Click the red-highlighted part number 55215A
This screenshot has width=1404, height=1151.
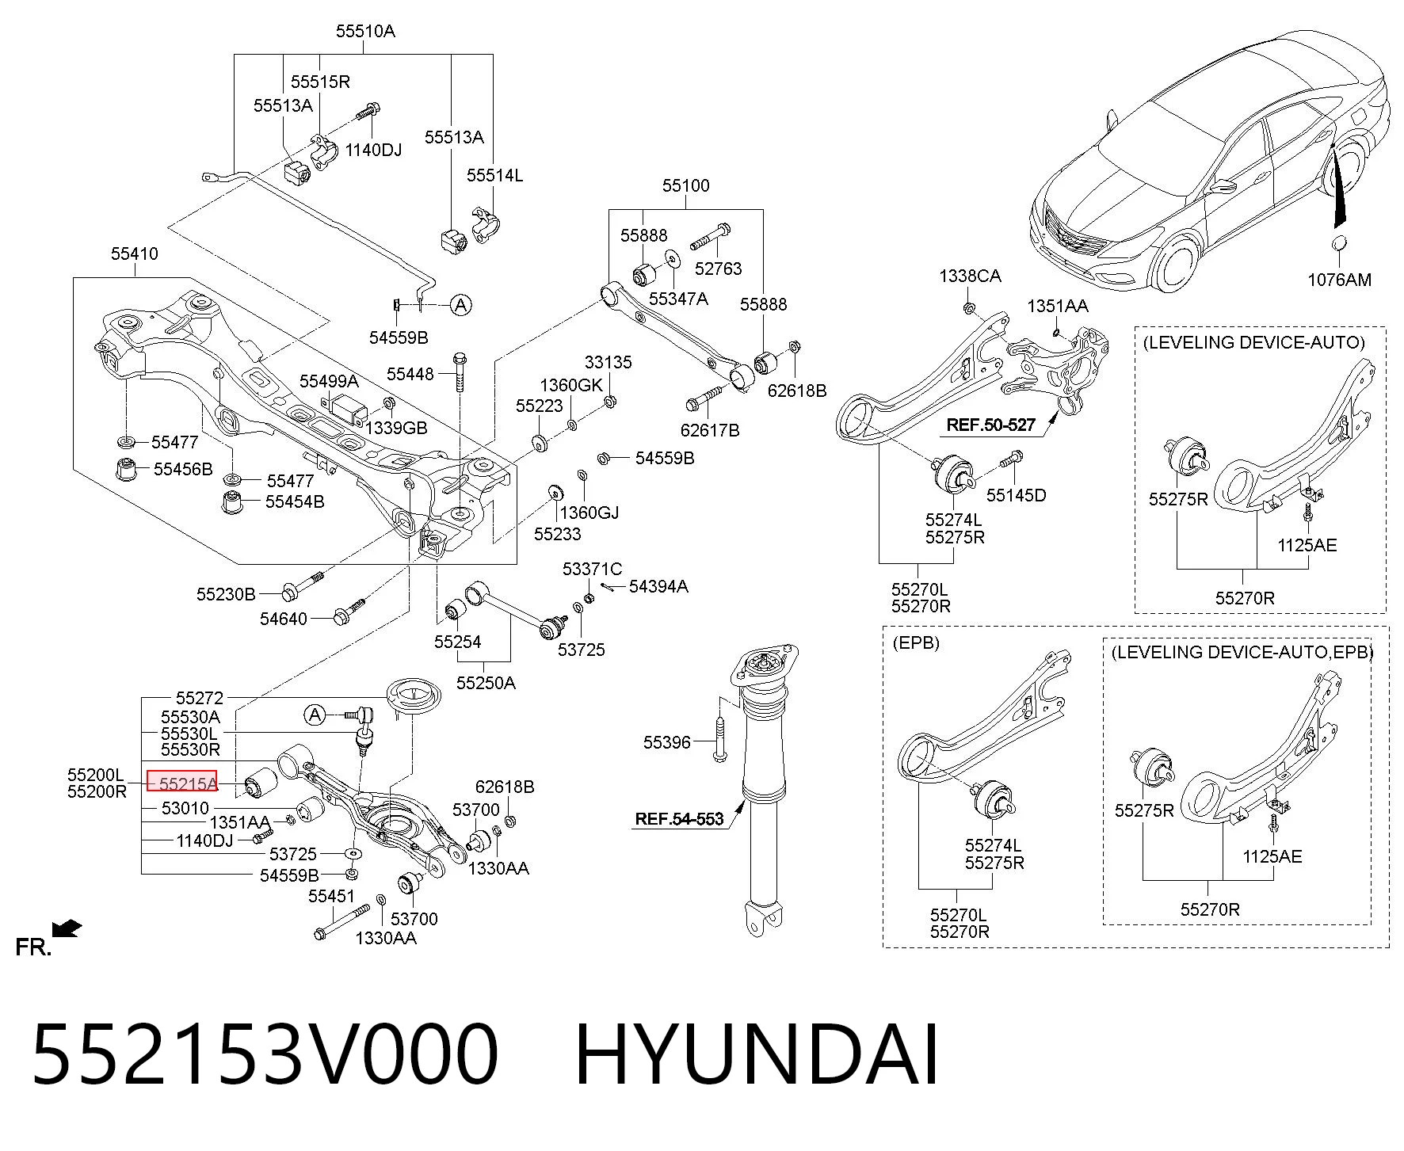(188, 784)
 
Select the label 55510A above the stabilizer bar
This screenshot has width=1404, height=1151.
(364, 32)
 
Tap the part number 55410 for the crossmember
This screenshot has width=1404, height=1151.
(135, 253)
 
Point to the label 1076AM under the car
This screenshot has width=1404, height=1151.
(1339, 280)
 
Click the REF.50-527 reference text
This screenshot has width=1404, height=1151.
(990, 425)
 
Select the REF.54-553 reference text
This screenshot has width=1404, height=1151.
(679, 819)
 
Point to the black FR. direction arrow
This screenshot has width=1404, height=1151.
(66, 928)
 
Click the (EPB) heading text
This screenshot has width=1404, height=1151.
(916, 642)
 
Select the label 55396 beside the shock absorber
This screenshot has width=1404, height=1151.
(667, 742)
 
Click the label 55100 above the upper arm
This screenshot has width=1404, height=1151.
(686, 185)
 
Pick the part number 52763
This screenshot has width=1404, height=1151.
(718, 269)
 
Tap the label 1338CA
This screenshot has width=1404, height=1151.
(970, 276)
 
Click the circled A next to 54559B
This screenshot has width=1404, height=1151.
(460, 304)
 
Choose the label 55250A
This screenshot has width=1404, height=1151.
(486, 683)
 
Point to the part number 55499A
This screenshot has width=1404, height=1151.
(329, 381)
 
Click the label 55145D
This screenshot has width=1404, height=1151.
(1016, 495)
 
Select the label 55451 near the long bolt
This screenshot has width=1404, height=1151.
(332, 896)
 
